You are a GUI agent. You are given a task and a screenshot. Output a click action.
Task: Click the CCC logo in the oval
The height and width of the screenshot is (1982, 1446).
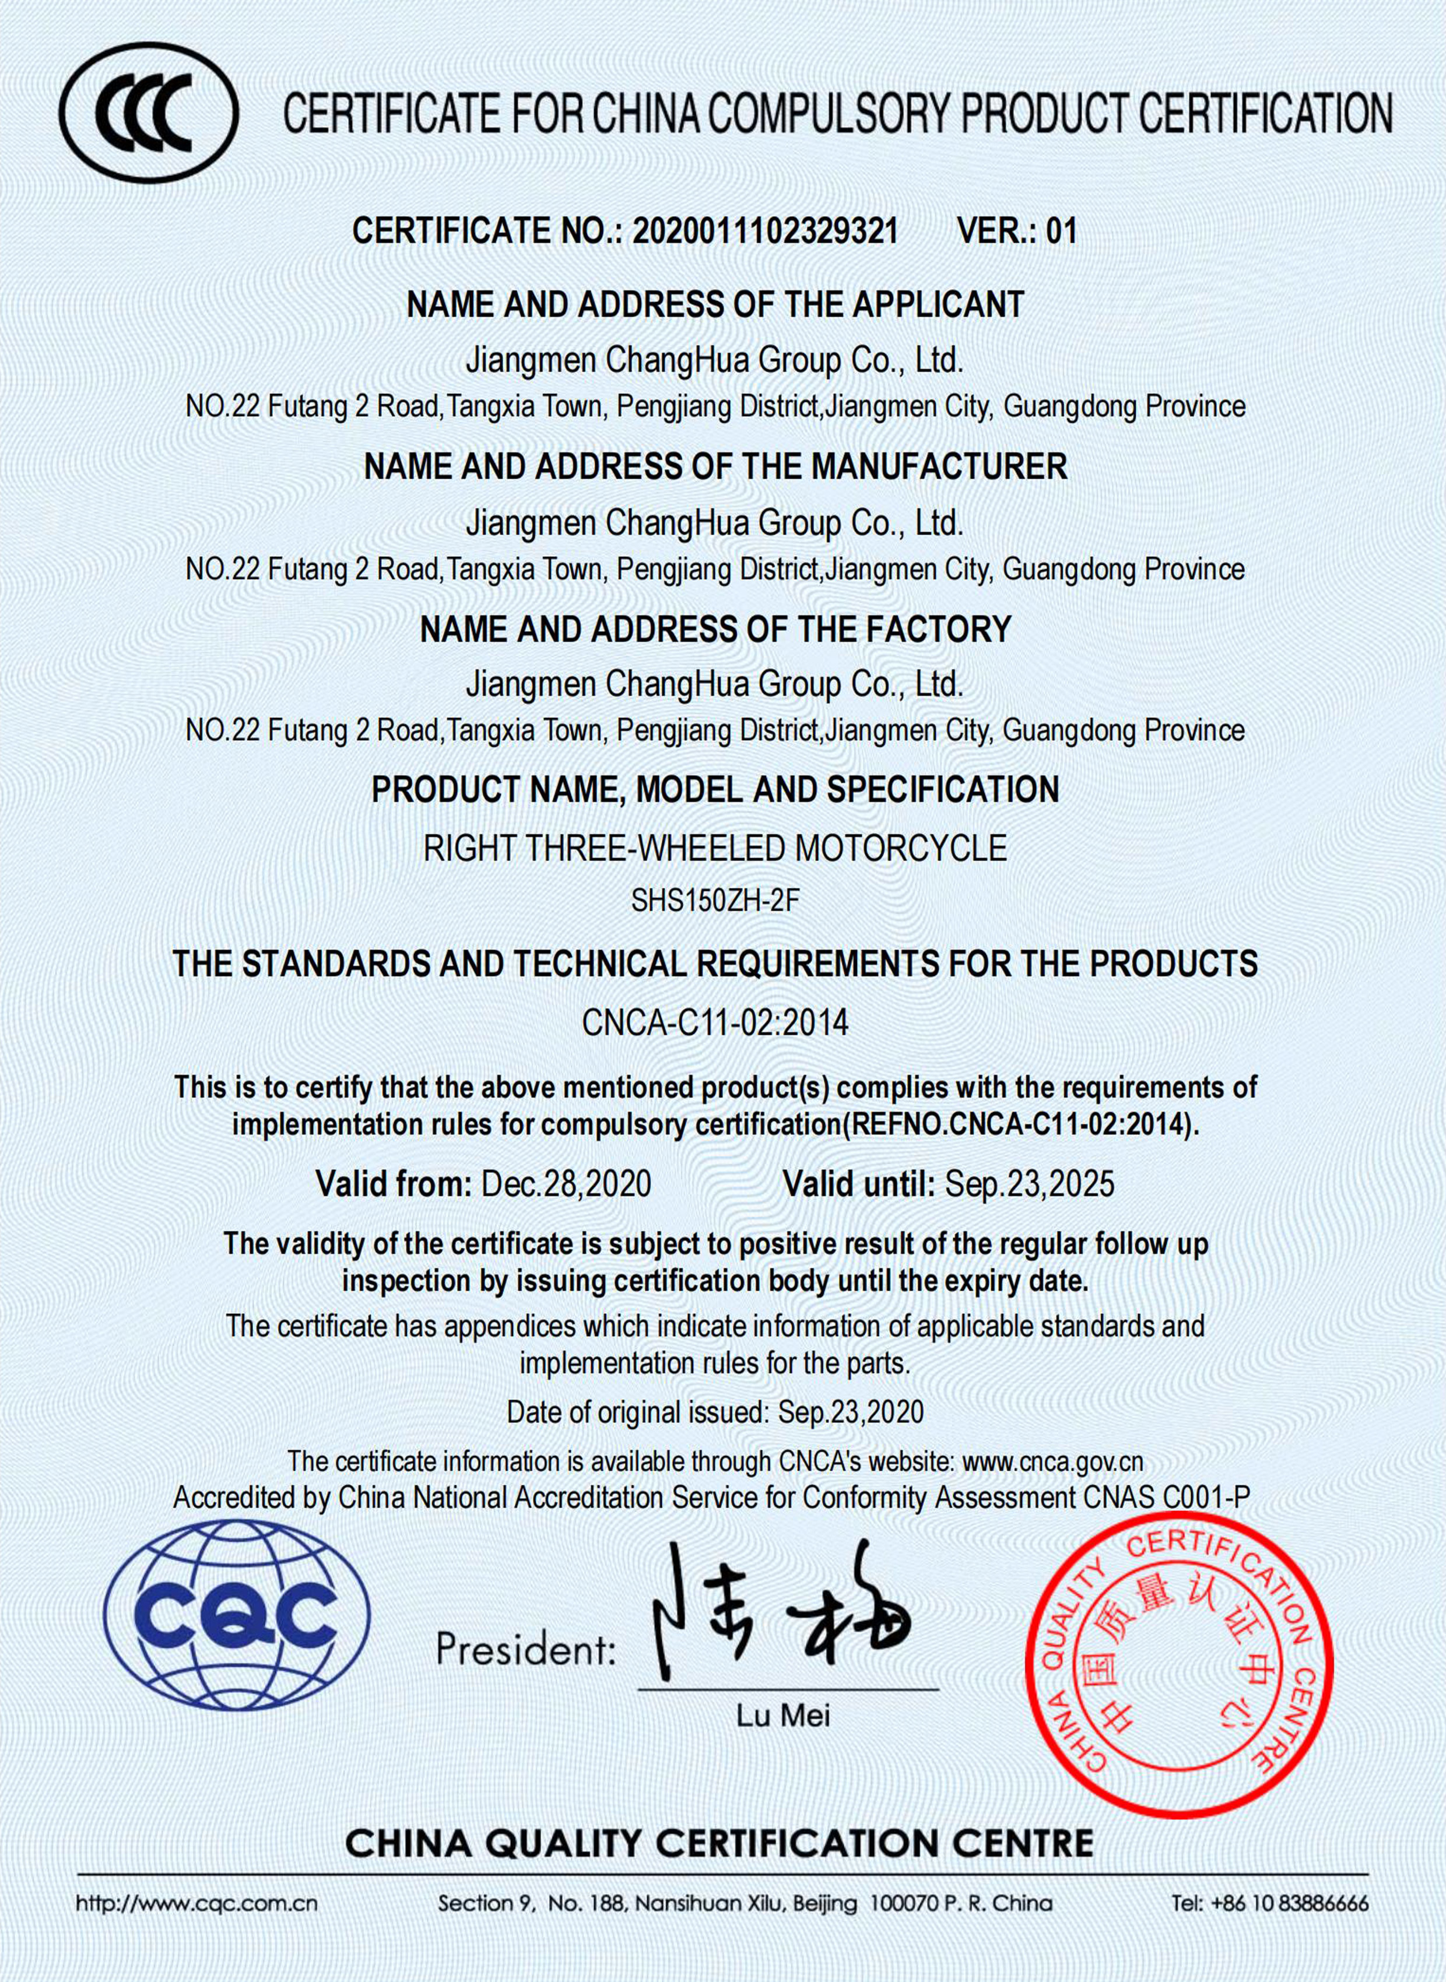click(x=148, y=113)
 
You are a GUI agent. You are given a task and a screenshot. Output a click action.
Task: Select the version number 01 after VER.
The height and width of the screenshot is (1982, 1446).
click(x=1061, y=231)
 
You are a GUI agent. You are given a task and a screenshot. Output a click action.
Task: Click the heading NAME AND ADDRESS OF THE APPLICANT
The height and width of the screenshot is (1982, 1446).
click(x=715, y=304)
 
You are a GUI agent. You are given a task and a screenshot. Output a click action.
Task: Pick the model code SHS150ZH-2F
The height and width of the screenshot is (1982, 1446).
click(x=715, y=901)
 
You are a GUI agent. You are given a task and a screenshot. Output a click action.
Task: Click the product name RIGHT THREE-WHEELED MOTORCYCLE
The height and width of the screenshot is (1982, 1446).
click(x=715, y=848)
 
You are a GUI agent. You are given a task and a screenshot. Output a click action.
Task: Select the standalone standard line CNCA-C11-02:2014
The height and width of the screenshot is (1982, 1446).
click(x=715, y=1022)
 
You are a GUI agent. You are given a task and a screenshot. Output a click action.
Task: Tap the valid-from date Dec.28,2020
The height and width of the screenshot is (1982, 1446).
click(x=566, y=1184)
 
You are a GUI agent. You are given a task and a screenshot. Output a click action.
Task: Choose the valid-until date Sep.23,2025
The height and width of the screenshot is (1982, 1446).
click(x=1029, y=1184)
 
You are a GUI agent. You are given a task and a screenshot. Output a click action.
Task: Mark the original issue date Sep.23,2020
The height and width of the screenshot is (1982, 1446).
click(x=850, y=1411)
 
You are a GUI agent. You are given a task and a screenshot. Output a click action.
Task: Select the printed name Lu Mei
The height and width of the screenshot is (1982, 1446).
click(x=782, y=1715)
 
